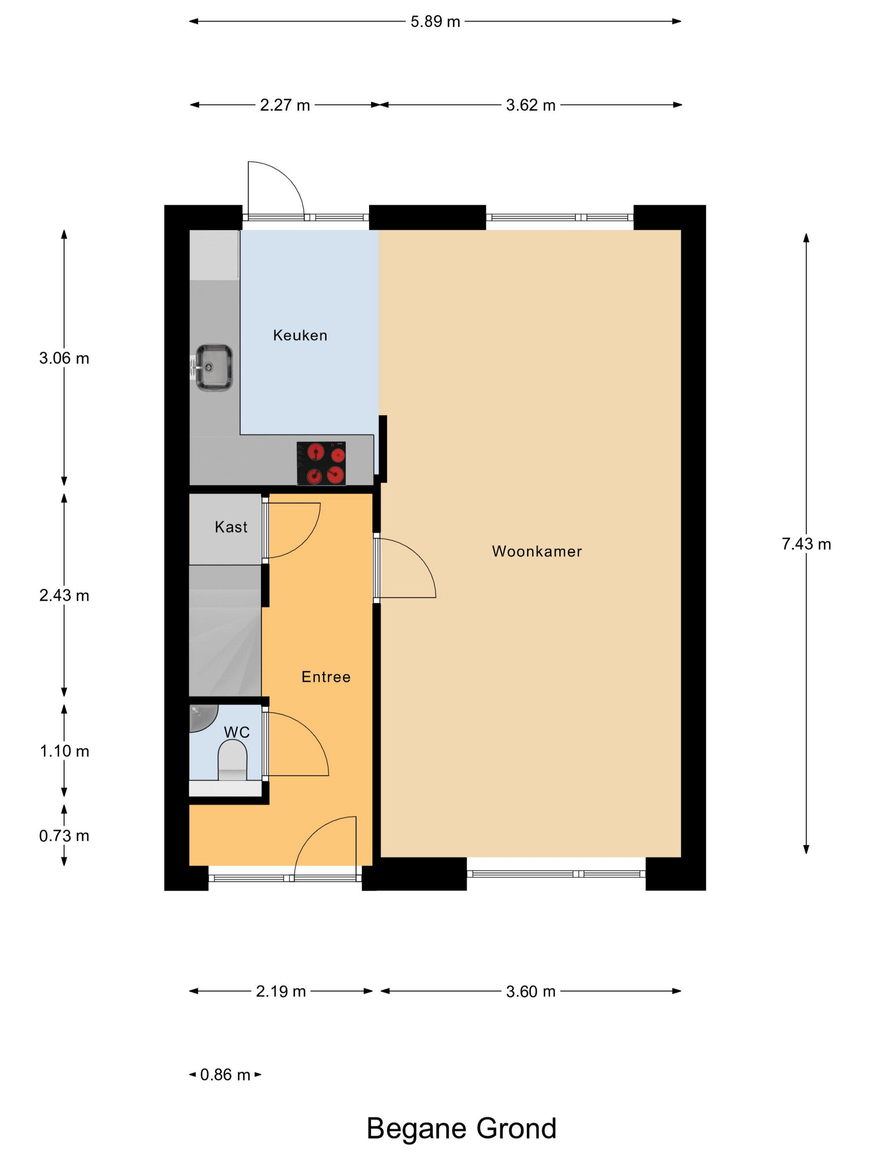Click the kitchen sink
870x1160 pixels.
click(x=214, y=367)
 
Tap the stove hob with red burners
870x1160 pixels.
click(x=321, y=463)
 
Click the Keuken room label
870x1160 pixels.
click(x=300, y=336)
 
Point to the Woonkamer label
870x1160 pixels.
click(x=536, y=551)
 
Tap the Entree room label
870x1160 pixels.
click(x=326, y=677)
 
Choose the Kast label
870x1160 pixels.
click(x=231, y=527)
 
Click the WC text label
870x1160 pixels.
click(x=237, y=732)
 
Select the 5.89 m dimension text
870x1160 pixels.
click(x=435, y=22)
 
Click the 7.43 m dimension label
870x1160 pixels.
click(x=806, y=544)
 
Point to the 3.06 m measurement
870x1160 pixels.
click(x=64, y=358)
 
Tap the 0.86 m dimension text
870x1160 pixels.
click(x=225, y=1075)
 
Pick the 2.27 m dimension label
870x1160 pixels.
click(x=285, y=105)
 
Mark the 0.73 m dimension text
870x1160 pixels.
click(x=64, y=835)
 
